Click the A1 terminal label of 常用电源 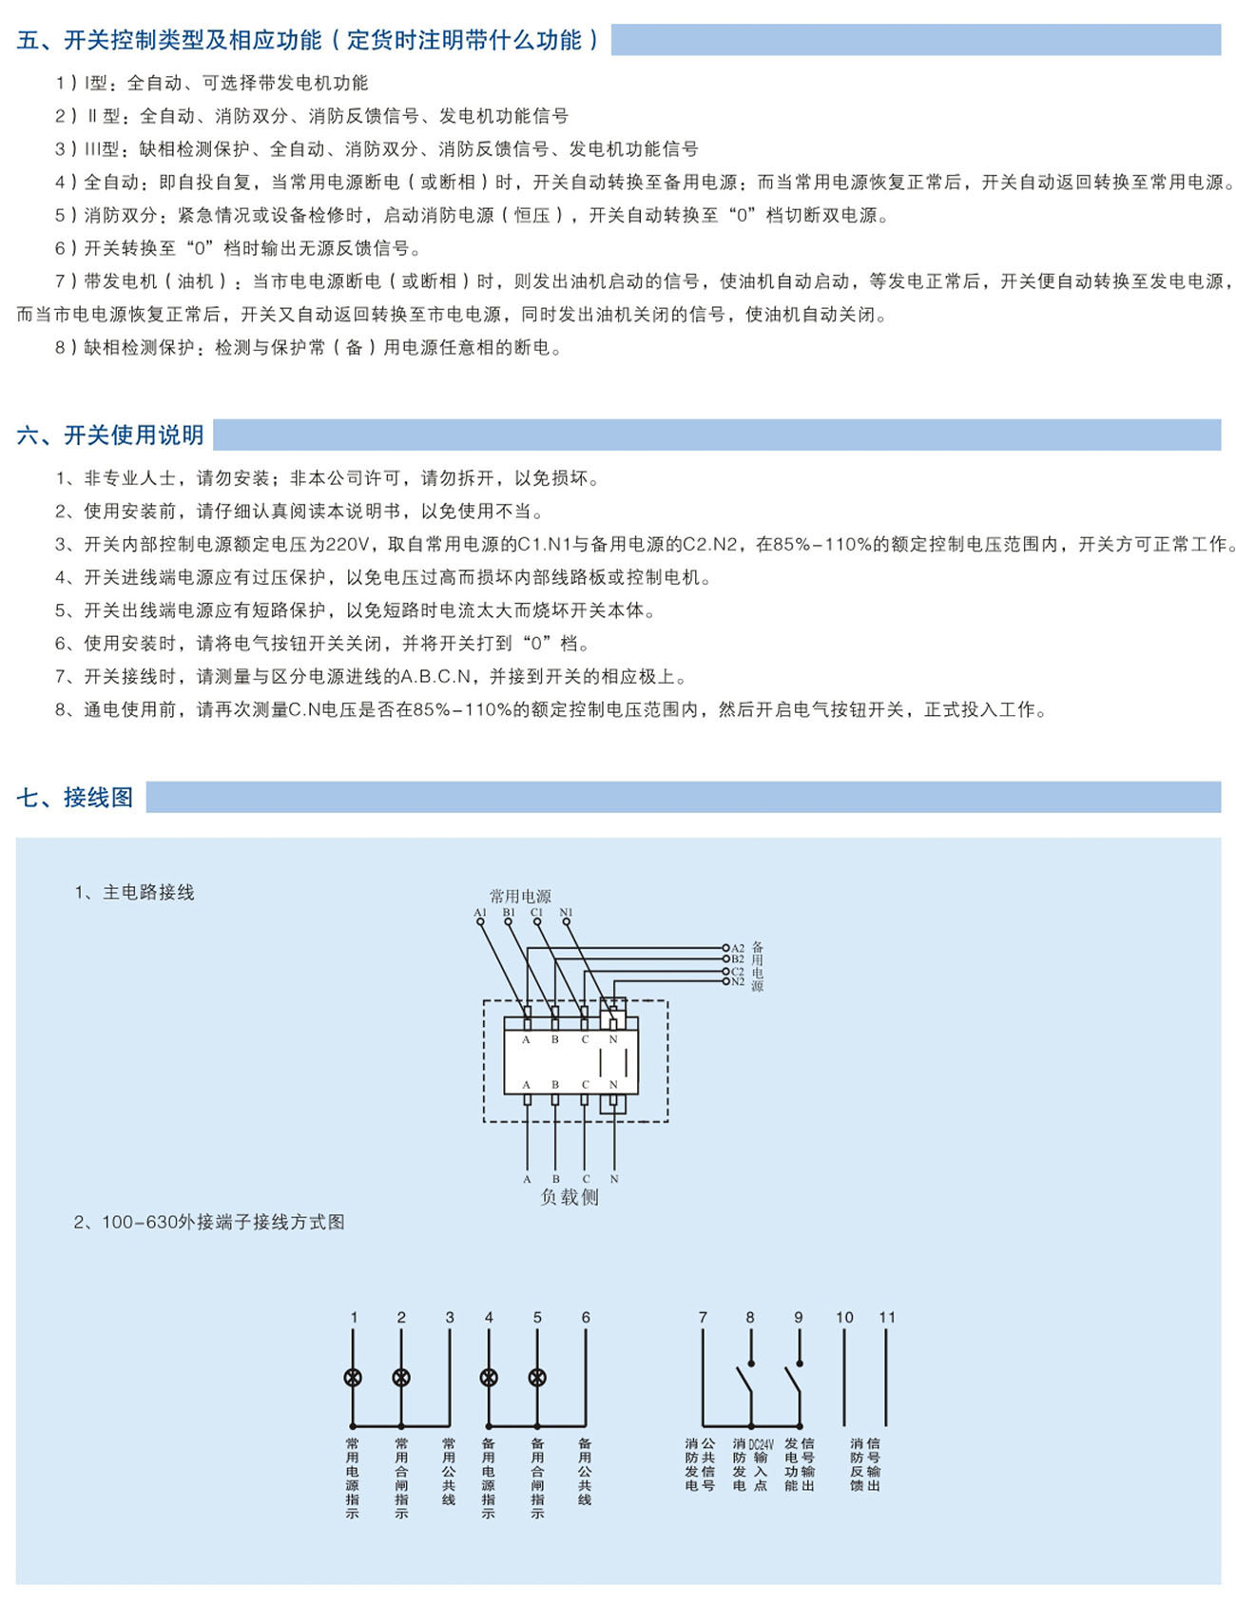(x=479, y=913)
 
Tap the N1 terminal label (x=567, y=913)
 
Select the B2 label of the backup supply (x=738, y=959)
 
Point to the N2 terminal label (x=738, y=981)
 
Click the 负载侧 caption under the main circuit (x=570, y=1197)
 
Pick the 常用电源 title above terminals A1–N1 (x=520, y=896)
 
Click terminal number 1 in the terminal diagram (x=354, y=1317)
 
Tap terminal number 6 (x=586, y=1317)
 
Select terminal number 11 (x=887, y=1317)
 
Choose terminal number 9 (x=799, y=1317)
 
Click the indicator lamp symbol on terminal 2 (x=401, y=1377)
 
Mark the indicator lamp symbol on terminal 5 (x=537, y=1377)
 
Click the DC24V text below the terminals (x=761, y=1443)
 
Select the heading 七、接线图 (x=75, y=797)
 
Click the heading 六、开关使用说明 (x=110, y=435)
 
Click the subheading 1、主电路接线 (x=135, y=892)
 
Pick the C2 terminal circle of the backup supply (x=725, y=971)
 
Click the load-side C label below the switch (x=586, y=1179)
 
